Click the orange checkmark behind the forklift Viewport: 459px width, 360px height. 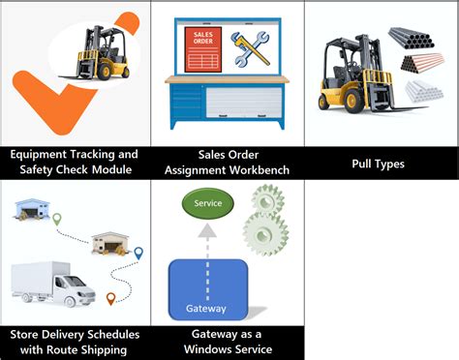point(39,106)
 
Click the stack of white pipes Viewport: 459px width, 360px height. point(425,93)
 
